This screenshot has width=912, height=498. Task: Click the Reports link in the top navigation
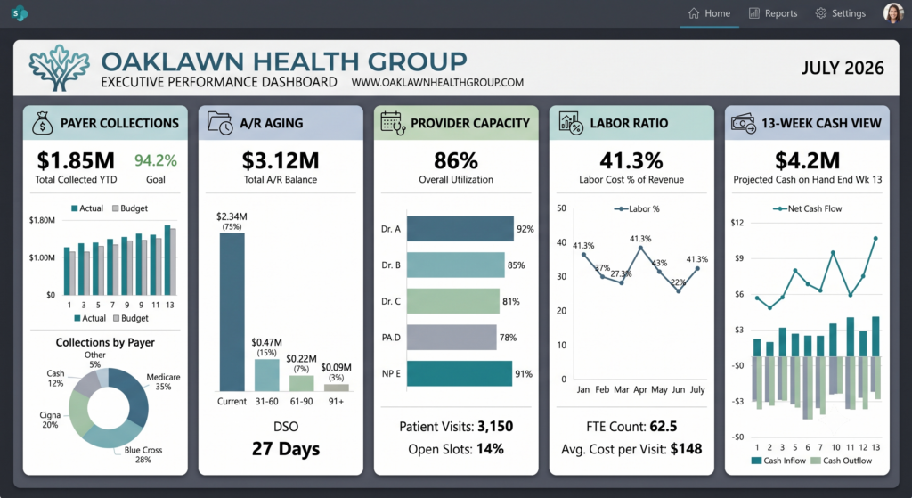point(772,13)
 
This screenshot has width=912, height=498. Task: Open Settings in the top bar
point(841,13)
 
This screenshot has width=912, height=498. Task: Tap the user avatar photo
point(893,12)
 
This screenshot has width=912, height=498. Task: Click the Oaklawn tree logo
point(60,68)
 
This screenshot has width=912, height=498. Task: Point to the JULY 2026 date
point(843,68)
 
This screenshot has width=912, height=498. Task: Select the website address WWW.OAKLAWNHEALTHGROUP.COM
point(437,83)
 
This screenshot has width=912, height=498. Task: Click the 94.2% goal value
point(155,160)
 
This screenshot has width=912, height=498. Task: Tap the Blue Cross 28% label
point(143,454)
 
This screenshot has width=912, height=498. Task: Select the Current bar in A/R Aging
point(232,312)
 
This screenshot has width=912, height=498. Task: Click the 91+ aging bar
point(336,388)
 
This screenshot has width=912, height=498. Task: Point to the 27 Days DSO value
point(286,448)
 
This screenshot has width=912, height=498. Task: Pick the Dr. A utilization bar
point(460,229)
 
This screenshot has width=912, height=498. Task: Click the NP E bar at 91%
point(460,373)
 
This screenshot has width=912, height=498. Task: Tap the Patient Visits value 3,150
point(495,427)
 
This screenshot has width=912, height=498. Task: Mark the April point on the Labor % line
point(640,248)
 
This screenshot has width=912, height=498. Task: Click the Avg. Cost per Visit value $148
point(687,448)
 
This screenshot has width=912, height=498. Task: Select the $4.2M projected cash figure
point(807,160)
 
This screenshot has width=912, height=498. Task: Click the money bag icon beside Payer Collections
point(43,123)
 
